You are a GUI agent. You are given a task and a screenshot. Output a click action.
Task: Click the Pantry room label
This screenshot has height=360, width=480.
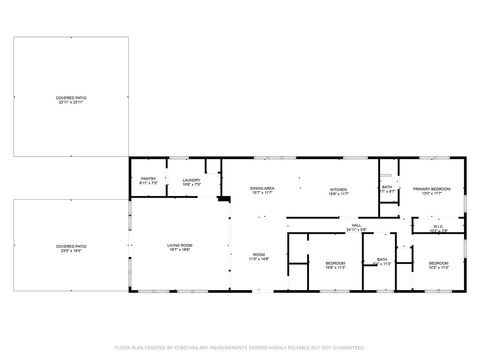(x=147, y=180)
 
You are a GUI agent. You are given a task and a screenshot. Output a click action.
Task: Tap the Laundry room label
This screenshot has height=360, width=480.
(x=191, y=180)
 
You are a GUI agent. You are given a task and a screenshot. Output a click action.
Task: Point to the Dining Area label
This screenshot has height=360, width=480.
(x=263, y=188)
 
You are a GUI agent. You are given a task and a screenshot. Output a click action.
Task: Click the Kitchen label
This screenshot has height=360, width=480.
(x=339, y=188)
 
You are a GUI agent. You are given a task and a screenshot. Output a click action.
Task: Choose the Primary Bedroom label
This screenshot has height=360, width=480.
(x=431, y=188)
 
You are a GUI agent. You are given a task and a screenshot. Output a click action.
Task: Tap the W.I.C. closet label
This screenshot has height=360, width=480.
(x=438, y=227)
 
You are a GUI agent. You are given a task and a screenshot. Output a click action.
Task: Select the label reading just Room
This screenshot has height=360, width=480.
(x=259, y=255)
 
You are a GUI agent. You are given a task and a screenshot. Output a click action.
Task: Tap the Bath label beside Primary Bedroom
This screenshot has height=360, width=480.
(x=386, y=187)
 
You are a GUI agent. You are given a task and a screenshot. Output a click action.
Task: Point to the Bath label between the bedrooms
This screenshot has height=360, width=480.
(x=382, y=260)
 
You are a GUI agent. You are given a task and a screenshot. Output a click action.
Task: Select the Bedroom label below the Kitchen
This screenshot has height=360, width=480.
(x=335, y=264)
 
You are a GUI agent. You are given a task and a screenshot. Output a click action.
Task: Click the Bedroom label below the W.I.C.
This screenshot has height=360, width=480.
(x=438, y=264)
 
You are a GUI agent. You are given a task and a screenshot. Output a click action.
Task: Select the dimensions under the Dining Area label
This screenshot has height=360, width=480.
(x=263, y=193)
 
